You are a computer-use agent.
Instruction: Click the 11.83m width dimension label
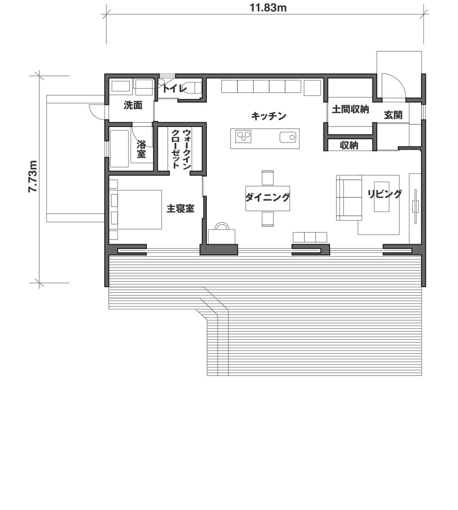click(x=268, y=8)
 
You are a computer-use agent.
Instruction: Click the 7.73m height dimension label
click(x=33, y=176)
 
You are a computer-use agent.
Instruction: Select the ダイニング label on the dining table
click(x=267, y=197)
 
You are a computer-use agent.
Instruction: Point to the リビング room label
click(x=385, y=194)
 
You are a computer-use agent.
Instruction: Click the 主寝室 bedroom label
click(x=180, y=208)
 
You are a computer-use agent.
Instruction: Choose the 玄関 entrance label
click(x=393, y=115)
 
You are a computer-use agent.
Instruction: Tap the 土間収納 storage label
click(x=350, y=110)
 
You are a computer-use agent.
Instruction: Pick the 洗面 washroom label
click(x=133, y=105)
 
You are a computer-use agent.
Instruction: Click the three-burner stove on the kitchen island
click(x=244, y=137)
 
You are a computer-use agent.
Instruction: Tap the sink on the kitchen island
click(x=288, y=137)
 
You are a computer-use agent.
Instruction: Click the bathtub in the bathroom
click(x=119, y=148)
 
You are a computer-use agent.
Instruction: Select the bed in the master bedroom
click(x=136, y=210)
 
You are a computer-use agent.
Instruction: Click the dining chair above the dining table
click(x=268, y=178)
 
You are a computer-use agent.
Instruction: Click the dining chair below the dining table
click(x=268, y=219)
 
